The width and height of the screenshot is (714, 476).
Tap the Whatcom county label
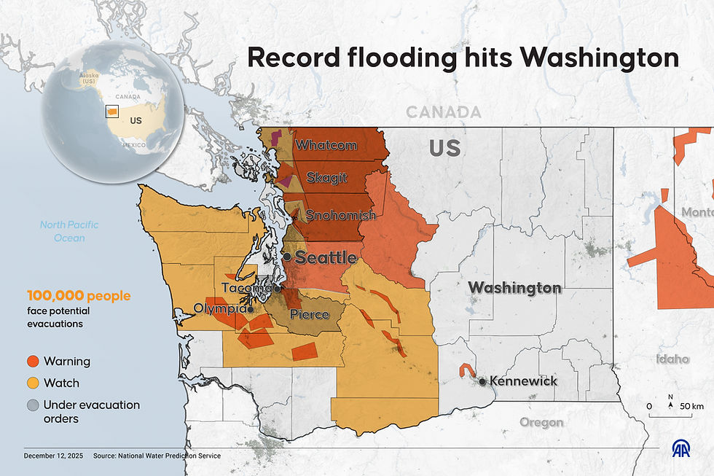click(326, 145)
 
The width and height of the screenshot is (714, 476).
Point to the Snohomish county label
click(340, 215)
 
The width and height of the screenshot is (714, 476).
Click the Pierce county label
click(310, 315)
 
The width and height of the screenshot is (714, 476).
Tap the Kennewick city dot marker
click(482, 381)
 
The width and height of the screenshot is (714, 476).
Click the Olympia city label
click(219, 309)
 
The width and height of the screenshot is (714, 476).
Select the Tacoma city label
click(247, 288)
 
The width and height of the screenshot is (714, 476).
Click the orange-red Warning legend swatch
click(33, 361)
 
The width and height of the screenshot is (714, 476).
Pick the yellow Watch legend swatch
click(33, 383)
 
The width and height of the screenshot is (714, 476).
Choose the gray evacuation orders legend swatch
click(33, 405)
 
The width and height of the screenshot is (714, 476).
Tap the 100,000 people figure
click(79, 296)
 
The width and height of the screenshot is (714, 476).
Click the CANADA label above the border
click(443, 112)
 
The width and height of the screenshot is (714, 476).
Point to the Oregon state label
click(541, 422)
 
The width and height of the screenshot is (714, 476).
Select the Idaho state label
click(672, 359)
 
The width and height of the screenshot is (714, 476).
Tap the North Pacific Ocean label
click(69, 231)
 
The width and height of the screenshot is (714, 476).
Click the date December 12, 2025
click(53, 456)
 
